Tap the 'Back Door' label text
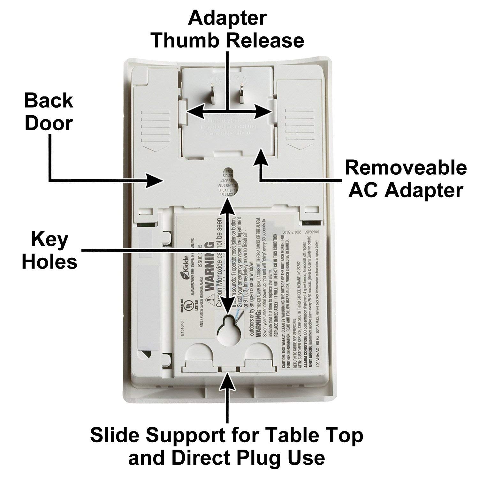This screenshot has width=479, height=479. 49,112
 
